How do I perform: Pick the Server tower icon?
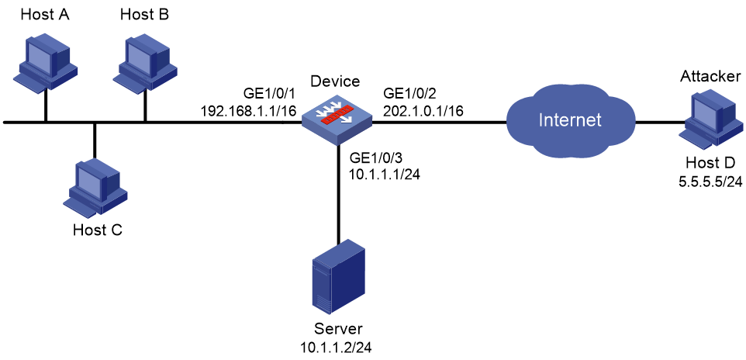339,278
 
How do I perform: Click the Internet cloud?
569,120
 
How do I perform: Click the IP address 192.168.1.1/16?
248,111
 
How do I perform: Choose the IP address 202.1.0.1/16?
424,111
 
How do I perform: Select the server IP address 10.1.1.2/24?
336,347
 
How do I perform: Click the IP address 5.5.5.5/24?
710,179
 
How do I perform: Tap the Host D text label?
710,163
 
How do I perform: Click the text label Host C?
98,230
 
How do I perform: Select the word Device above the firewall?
335,81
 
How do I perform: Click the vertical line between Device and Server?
339,195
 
